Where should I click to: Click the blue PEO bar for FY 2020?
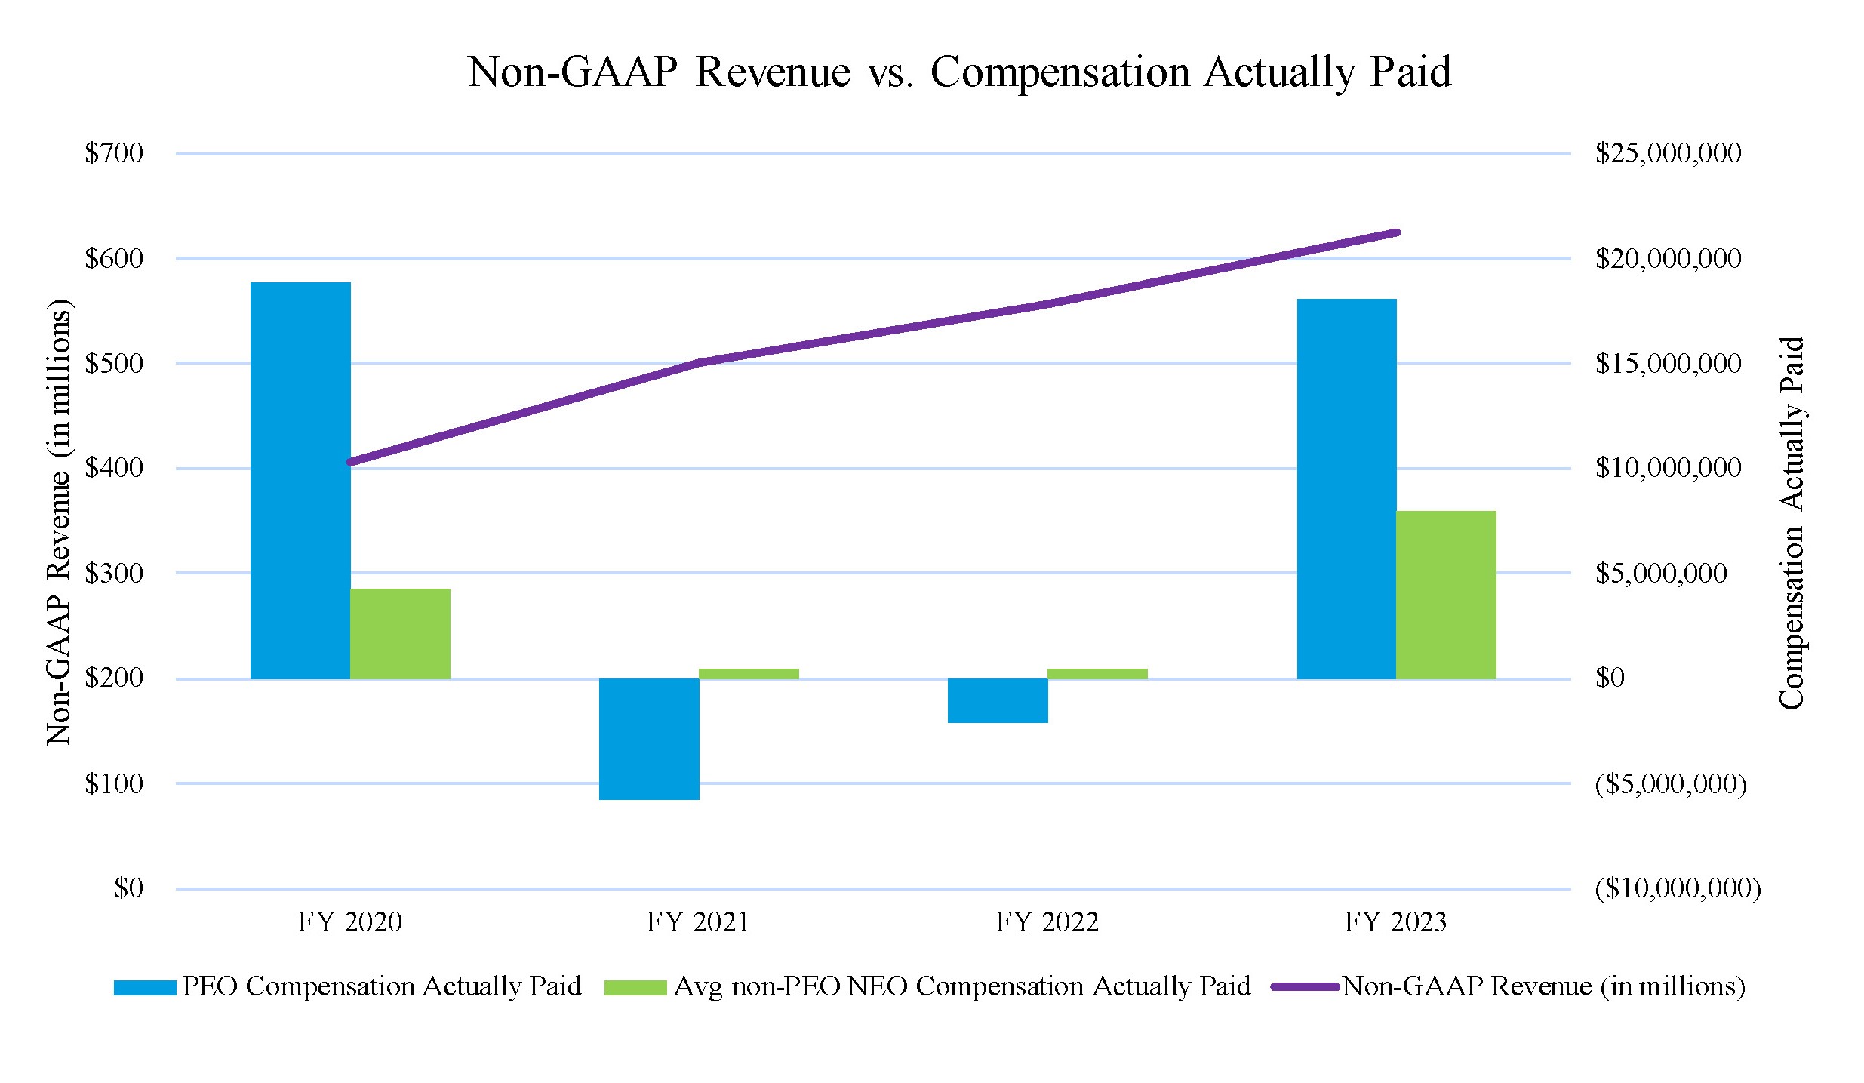300,480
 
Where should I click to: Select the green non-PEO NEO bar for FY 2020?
400,633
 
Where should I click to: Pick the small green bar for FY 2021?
749,673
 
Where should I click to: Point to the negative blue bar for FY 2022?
998,700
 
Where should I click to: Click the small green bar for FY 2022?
1097,673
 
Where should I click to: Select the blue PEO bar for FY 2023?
1346,488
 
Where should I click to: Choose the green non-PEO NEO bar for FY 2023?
1446,595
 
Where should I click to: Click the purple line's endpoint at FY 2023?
1396,232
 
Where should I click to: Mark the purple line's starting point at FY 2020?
350,462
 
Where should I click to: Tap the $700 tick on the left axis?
114,153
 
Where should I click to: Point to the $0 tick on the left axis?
128,888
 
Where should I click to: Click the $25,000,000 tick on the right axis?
1668,153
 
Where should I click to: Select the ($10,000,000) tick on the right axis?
1677,888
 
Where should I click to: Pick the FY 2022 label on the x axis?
1047,922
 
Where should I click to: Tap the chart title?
959,72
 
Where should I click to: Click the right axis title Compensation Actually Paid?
1792,522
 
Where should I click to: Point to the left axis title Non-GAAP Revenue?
58,522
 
